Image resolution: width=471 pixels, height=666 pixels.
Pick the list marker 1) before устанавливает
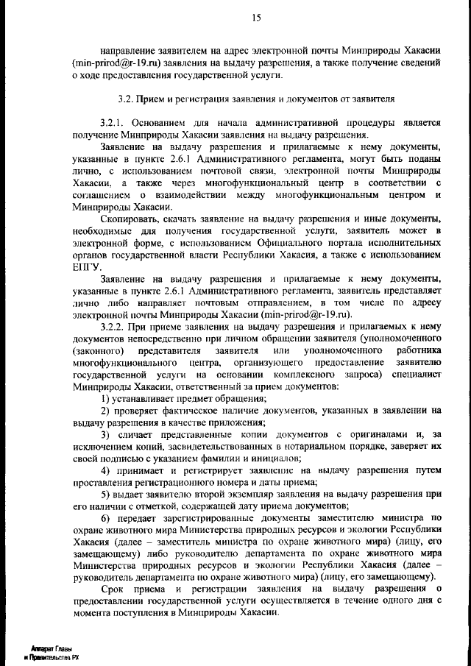106,398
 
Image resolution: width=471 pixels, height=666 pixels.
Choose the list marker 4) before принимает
106,470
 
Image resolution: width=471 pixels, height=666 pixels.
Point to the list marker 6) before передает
106,517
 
